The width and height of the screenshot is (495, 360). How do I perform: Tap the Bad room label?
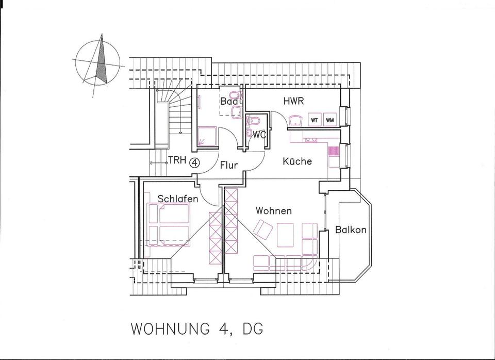[229, 102]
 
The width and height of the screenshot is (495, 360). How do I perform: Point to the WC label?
[259, 135]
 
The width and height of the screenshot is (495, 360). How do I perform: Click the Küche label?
[298, 161]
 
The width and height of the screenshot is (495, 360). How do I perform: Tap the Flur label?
[228, 166]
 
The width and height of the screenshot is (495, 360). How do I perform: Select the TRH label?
[177, 160]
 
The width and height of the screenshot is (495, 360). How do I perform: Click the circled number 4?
[194, 163]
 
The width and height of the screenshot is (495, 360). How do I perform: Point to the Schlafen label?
[178, 199]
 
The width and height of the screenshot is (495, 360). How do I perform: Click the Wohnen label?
[273, 211]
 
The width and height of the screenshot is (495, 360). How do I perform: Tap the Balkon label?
[351, 230]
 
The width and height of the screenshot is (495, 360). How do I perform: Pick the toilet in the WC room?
[252, 121]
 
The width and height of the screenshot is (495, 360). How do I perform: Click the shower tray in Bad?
[207, 138]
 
